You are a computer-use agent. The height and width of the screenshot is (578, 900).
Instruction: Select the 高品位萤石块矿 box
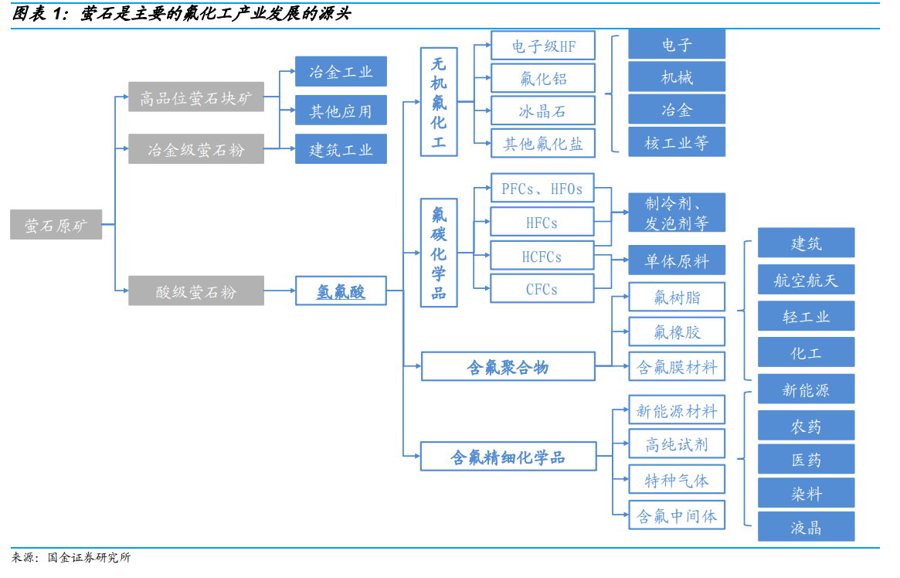click(196, 97)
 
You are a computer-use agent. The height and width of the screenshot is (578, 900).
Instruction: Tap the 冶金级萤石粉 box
click(196, 148)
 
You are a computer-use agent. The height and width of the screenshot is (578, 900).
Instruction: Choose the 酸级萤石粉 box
click(196, 291)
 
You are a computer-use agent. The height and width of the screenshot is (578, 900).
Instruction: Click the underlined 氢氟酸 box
click(341, 291)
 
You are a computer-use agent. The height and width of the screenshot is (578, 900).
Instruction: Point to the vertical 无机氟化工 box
click(439, 102)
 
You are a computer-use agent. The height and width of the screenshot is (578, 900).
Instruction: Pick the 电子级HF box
click(543, 46)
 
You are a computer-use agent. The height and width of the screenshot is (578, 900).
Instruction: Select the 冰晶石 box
click(543, 110)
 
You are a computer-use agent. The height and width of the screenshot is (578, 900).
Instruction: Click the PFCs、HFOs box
click(542, 188)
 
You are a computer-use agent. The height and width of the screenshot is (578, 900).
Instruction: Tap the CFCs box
click(542, 289)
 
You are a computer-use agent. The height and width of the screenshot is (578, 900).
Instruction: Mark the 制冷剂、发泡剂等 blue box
click(677, 212)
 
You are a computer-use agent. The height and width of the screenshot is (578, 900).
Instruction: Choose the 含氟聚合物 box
click(508, 366)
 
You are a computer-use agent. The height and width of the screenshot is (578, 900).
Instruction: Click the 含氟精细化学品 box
click(508, 456)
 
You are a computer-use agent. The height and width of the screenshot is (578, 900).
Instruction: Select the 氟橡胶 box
click(677, 331)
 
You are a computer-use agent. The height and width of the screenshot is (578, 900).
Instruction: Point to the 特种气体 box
click(677, 480)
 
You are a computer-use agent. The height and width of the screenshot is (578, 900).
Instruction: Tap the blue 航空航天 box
click(806, 279)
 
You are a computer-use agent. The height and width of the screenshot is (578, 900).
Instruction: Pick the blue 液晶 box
click(806, 527)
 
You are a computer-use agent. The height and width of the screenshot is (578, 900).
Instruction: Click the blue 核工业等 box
click(677, 142)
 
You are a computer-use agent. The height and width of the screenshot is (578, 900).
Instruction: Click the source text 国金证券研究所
click(89, 556)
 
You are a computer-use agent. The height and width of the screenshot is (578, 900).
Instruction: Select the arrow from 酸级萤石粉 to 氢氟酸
click(280, 291)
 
